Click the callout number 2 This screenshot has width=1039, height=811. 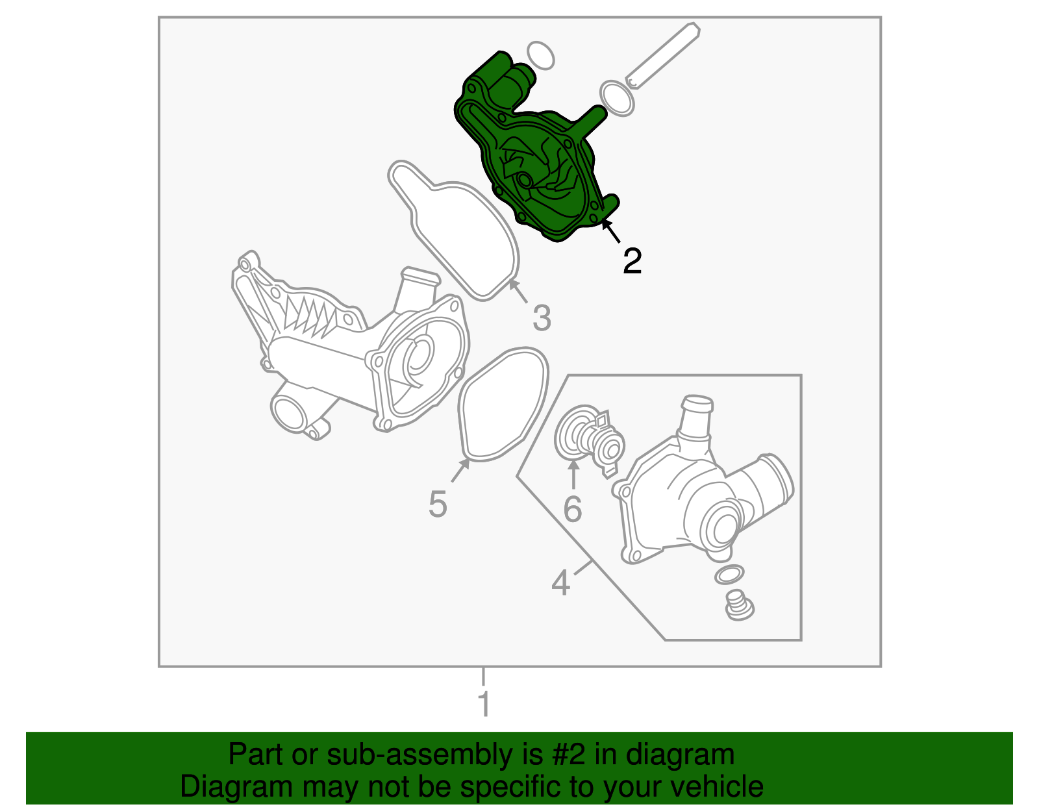[632, 261]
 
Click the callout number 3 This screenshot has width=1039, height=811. [542, 318]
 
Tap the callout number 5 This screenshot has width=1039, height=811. [438, 504]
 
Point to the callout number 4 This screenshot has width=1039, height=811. [561, 583]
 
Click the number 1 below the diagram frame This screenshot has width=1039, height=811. [484, 703]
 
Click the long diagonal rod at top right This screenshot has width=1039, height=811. [663, 56]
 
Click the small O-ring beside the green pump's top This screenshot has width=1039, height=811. [540, 56]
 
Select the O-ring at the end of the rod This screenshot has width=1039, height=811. [617, 99]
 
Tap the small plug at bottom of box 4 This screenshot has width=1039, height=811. [739, 606]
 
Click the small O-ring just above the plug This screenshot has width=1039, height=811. [729, 575]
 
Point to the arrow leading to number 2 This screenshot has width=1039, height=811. [610, 231]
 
